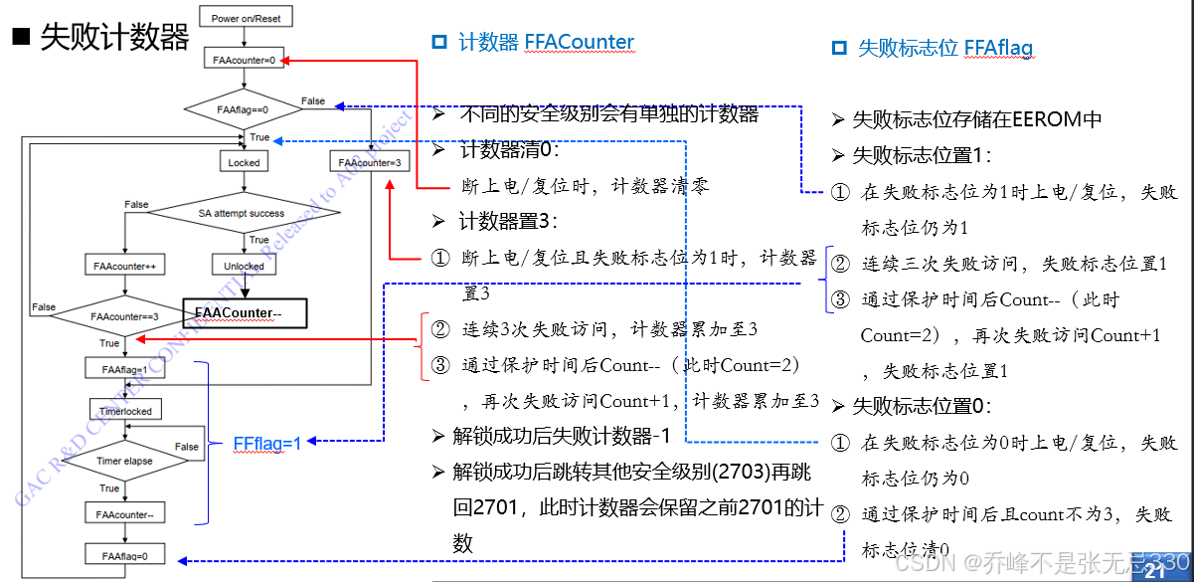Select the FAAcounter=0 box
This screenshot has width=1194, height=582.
pos(244,61)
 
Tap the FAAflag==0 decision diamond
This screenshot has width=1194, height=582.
pos(244,108)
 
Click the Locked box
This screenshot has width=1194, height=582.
pos(244,162)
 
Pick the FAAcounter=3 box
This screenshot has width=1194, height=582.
pos(369,162)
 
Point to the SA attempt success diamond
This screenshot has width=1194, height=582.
pos(241,213)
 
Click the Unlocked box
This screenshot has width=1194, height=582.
pos(244,266)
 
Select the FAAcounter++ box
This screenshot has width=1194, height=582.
pos(123,266)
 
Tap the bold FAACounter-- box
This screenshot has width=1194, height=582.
pos(245,313)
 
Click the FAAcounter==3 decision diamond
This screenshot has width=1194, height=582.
pos(123,316)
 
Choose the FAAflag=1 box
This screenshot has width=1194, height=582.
pos(123,368)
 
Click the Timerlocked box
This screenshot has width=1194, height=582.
pos(123,411)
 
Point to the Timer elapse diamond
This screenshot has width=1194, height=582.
pos(123,461)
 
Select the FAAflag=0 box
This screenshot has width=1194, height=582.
pos(123,555)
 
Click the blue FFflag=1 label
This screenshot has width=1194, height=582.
pos(266,444)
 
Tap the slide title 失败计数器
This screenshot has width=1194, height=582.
pos(113,38)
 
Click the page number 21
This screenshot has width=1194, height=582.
pos(1155,572)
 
